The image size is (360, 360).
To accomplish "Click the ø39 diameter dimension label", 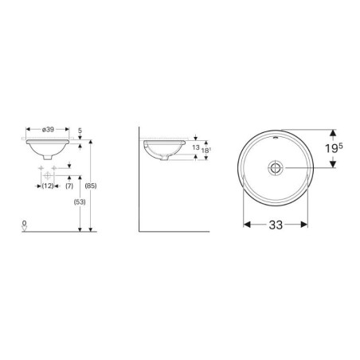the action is pyautogui.click(x=48, y=130).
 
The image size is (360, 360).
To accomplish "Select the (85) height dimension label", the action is pyautogui.click(x=91, y=186).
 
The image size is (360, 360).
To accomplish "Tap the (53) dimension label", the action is pyautogui.click(x=80, y=202).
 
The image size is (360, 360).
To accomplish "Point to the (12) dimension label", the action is pyautogui.click(x=48, y=186).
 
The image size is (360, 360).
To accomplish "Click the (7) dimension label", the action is pyautogui.click(x=69, y=186).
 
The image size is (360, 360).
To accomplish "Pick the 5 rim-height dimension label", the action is pyautogui.click(x=80, y=131).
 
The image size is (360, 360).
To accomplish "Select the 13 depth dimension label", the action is pyautogui.click(x=196, y=147).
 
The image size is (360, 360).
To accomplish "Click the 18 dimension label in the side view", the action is pyautogui.click(x=205, y=151).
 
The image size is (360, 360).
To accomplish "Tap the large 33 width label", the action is pyautogui.click(x=276, y=225).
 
